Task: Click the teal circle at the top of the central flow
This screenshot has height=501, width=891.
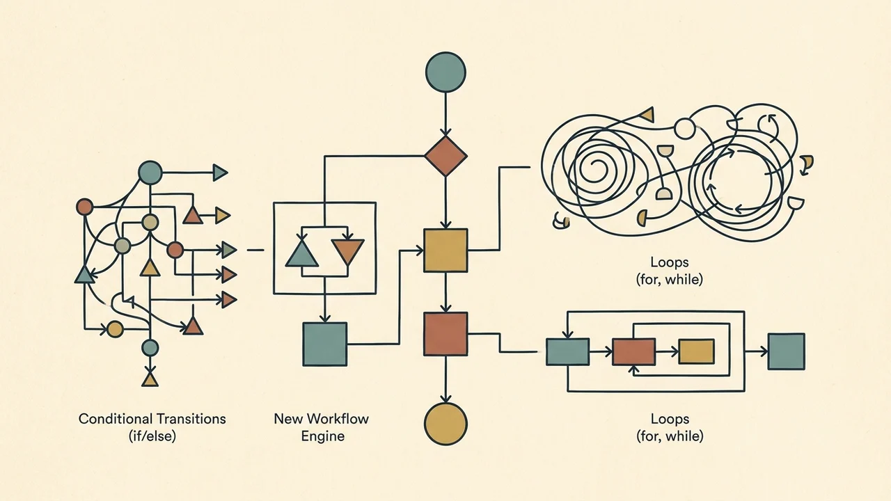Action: click(445, 72)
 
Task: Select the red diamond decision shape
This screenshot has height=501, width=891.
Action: click(445, 156)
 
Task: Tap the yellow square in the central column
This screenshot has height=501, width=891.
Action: click(445, 250)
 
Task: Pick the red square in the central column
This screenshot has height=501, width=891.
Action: click(445, 333)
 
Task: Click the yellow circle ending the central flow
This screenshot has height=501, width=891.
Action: click(445, 424)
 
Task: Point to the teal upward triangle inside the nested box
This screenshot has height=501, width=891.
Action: click(302, 255)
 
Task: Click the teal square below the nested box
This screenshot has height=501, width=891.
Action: click(325, 344)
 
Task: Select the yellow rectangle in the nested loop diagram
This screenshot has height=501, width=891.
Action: click(696, 351)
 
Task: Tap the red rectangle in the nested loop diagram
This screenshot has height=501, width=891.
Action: click(633, 352)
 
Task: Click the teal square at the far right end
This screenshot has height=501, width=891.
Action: click(787, 351)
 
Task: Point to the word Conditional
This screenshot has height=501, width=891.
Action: click(116, 419)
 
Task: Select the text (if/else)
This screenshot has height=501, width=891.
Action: click(152, 436)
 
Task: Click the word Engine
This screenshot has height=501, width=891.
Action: click(322, 436)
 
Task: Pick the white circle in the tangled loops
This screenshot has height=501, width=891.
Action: click(685, 129)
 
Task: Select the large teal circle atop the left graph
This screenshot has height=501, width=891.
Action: click(150, 173)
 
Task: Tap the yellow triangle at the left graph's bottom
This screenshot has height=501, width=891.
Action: click(150, 380)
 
